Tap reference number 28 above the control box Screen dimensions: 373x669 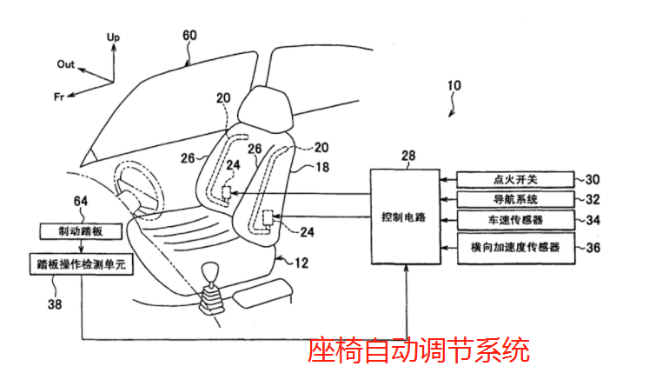407,156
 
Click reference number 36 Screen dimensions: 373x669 593,248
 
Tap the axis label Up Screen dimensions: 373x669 113,37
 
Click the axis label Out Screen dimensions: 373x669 66,64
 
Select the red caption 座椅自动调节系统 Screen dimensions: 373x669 419,350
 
